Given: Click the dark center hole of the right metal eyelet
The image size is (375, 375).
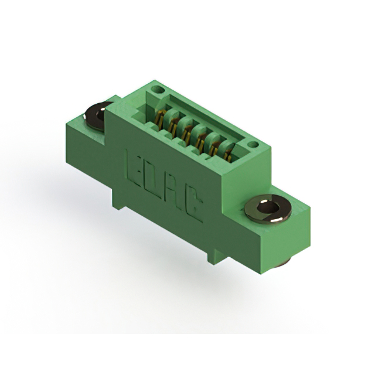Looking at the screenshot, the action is pos(268,207).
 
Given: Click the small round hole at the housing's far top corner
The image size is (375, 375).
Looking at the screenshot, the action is pos(158,90).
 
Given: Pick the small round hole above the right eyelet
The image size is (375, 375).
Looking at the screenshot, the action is pos(252,145).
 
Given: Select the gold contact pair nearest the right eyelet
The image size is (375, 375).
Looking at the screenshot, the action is pos(229,154).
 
